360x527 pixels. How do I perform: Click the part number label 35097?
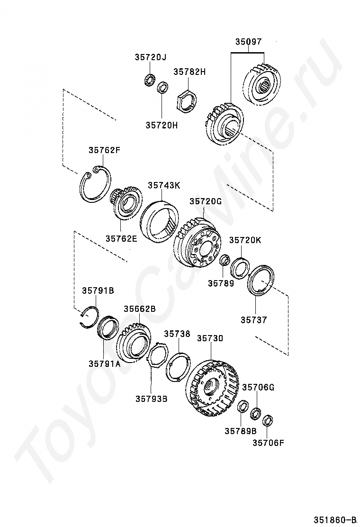coord(248,42)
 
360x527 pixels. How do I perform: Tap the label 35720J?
coord(151,57)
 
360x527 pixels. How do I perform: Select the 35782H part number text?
coord(189,72)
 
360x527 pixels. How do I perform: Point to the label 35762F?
coord(104,150)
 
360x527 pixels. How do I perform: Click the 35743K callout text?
coord(164,185)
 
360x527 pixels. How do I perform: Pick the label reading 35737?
coord(253,320)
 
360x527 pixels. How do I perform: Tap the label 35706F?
coord(268,443)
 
